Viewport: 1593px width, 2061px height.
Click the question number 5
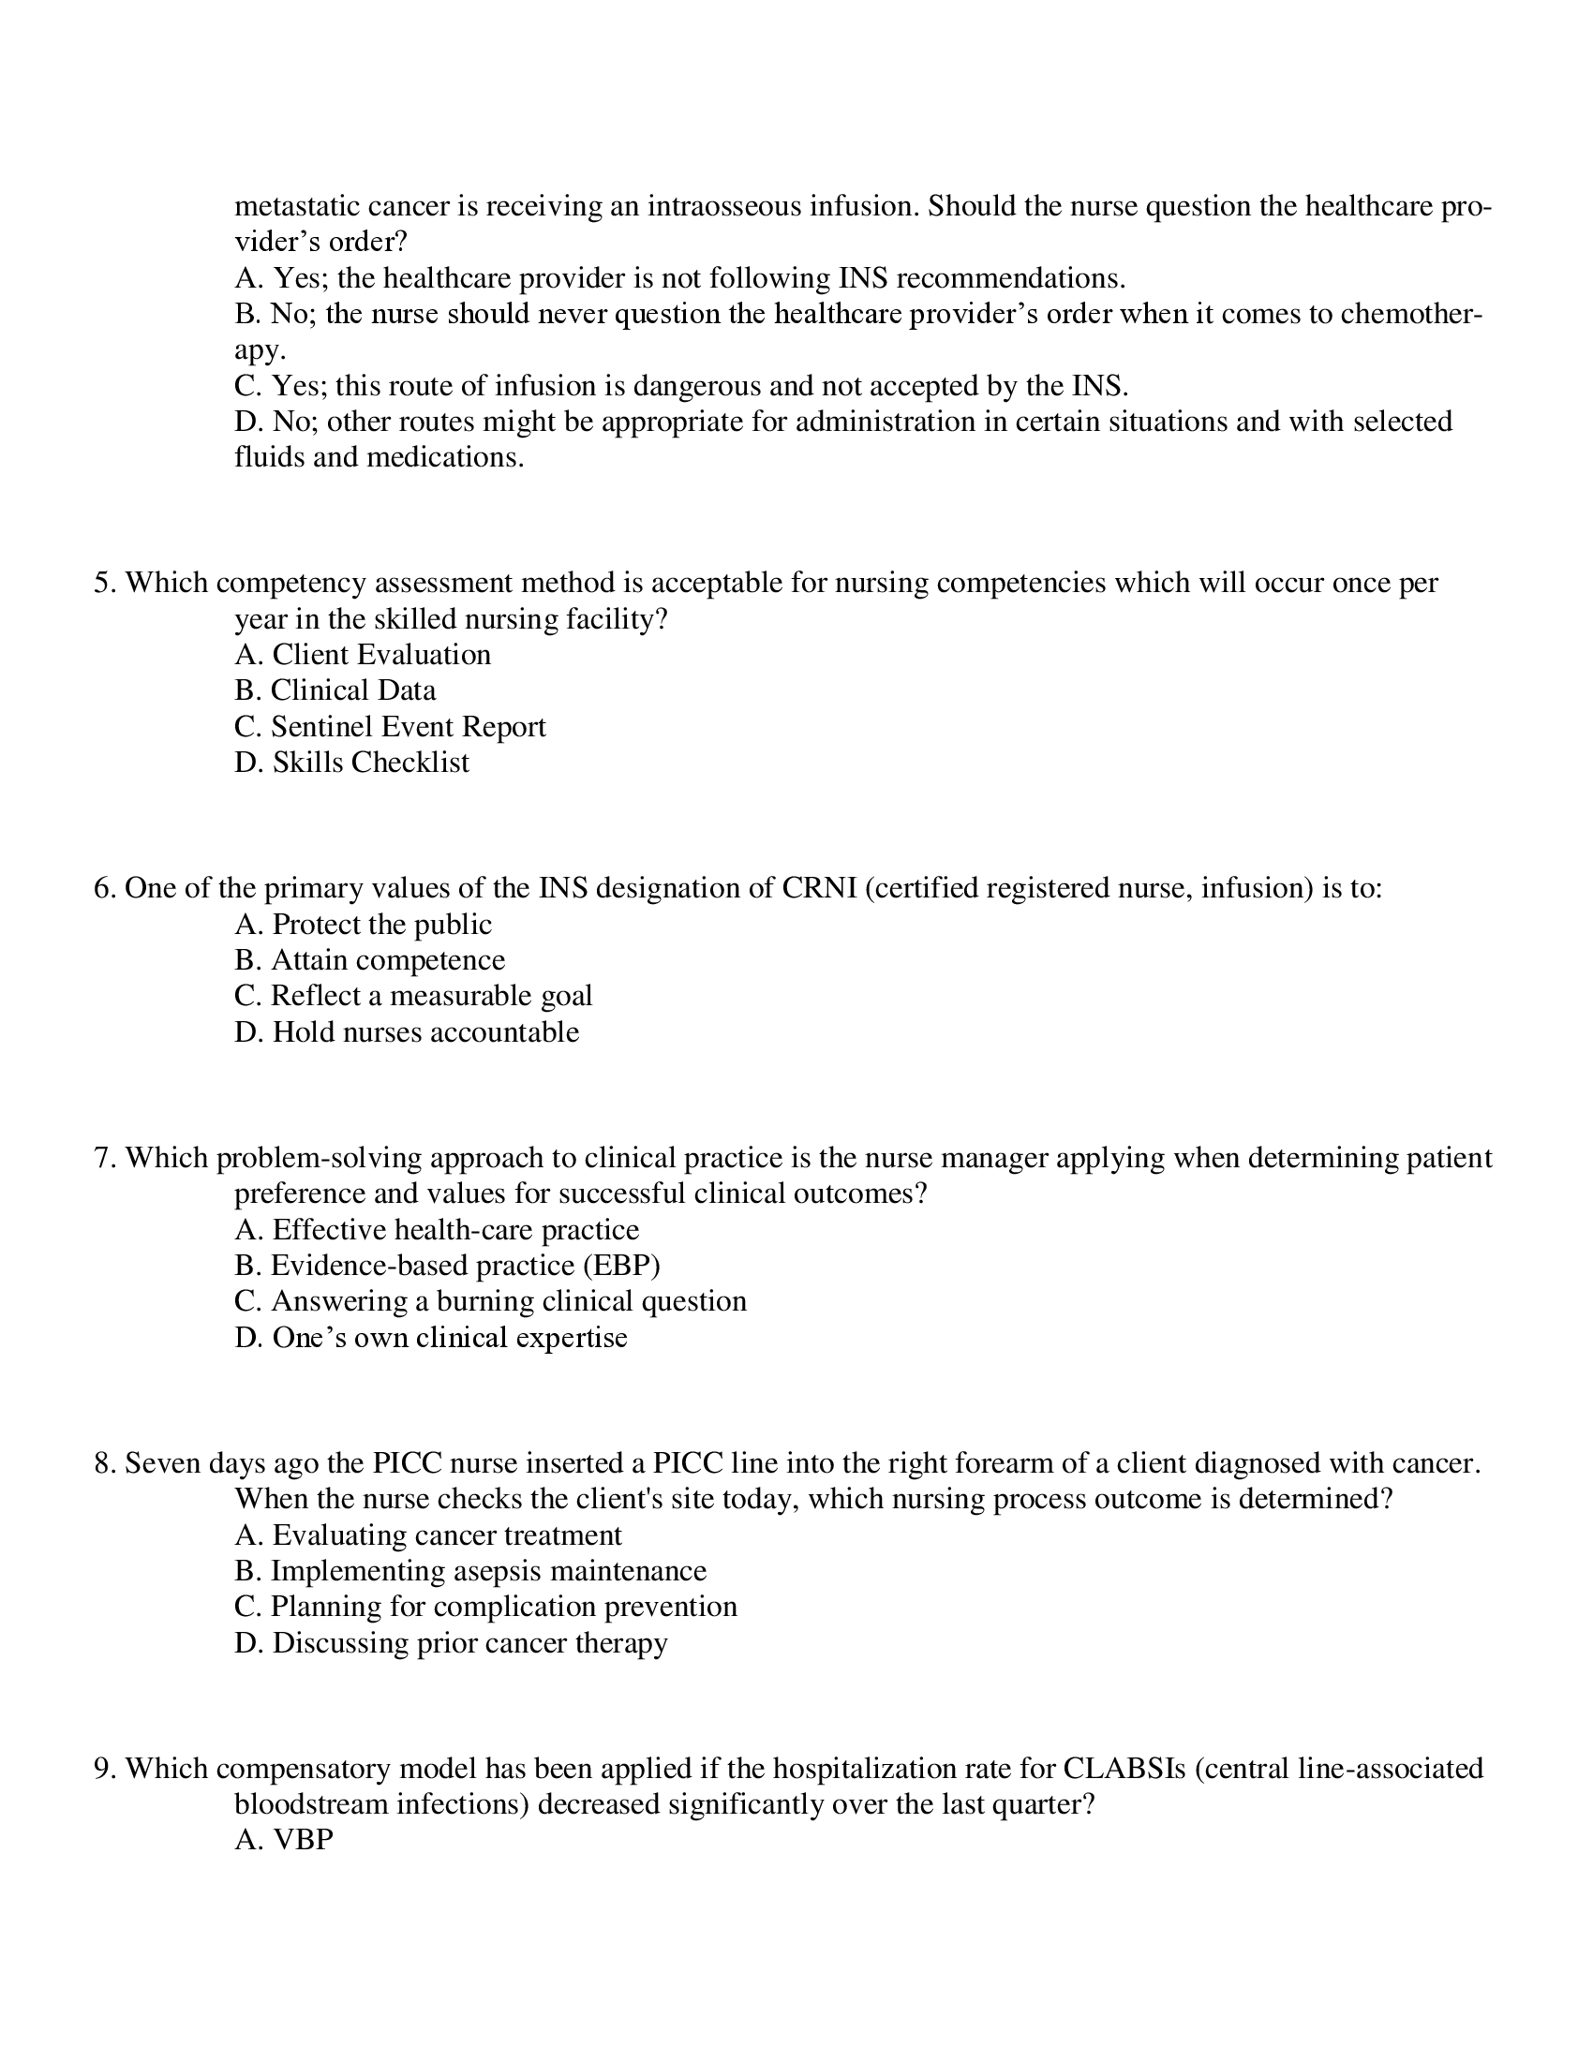(x=103, y=584)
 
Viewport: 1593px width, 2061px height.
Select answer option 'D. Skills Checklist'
(x=351, y=763)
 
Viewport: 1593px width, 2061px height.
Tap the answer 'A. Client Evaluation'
(x=363, y=655)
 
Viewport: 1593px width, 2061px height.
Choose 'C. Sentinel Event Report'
(x=390, y=727)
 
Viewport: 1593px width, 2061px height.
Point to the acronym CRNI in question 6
(x=818, y=888)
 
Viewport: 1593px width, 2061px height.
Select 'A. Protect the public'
(x=363, y=924)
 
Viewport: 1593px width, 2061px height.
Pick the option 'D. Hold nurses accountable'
(x=407, y=1031)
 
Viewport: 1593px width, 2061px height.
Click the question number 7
(x=103, y=1158)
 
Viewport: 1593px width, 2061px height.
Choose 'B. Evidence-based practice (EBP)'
(x=446, y=1266)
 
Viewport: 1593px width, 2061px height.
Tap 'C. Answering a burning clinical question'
(x=490, y=1301)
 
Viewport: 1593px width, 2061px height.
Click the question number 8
(x=103, y=1463)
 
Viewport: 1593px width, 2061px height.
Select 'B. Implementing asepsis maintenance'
(x=470, y=1571)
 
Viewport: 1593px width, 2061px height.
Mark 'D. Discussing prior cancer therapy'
(x=451, y=1643)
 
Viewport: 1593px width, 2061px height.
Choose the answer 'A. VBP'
(x=284, y=1840)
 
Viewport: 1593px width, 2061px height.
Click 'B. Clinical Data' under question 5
(x=335, y=690)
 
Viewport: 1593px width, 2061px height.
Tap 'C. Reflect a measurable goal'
(x=413, y=996)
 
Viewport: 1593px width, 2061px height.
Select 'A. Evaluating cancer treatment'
(x=427, y=1535)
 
